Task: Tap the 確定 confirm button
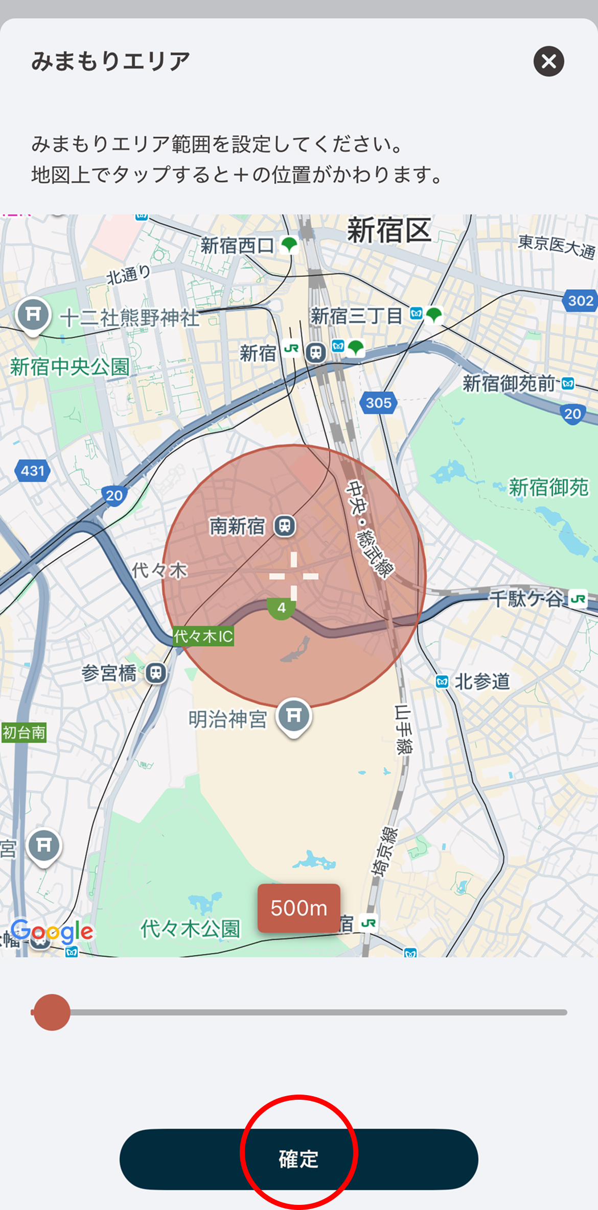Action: pyautogui.click(x=298, y=1159)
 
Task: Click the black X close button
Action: pyautogui.click(x=548, y=62)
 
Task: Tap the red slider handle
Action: pyautogui.click(x=51, y=1012)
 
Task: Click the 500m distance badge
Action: pyautogui.click(x=298, y=908)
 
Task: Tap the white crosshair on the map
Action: pyautogui.click(x=294, y=576)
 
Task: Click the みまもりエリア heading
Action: pyautogui.click(x=110, y=61)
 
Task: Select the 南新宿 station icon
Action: pyautogui.click(x=285, y=526)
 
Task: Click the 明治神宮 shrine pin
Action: pyautogui.click(x=294, y=716)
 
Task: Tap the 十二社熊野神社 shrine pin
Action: pyautogui.click(x=33, y=315)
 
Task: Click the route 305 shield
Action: pyautogui.click(x=379, y=403)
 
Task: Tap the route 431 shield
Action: pyautogui.click(x=33, y=470)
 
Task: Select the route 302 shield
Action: pyautogui.click(x=581, y=301)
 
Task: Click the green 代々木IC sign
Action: pyautogui.click(x=203, y=636)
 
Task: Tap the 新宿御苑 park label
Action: pyautogui.click(x=548, y=488)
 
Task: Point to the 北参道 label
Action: pyautogui.click(x=482, y=682)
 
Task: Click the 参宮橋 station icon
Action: pyautogui.click(x=156, y=673)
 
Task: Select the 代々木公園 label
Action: pyautogui.click(x=190, y=929)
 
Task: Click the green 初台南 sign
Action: pyautogui.click(x=24, y=733)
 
